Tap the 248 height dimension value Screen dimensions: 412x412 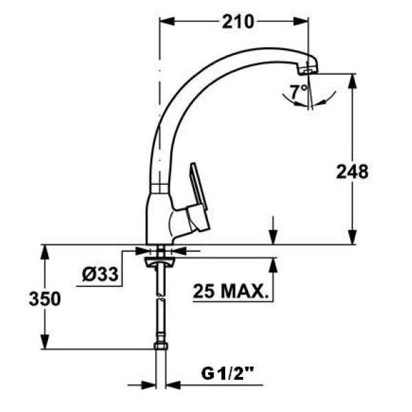click(x=352, y=171)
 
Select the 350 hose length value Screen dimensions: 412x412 click(x=45, y=299)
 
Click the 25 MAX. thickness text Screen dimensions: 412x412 click(x=229, y=291)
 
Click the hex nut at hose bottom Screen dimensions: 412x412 click(x=161, y=345)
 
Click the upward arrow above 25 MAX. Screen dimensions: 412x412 click(x=273, y=265)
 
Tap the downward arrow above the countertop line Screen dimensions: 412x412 click(x=273, y=237)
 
